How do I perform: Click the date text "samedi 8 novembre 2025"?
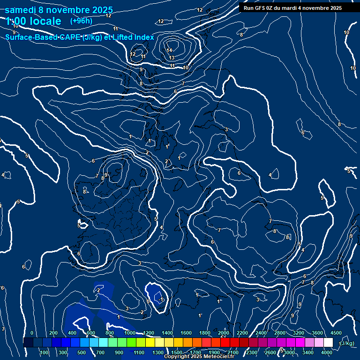pos(59,10)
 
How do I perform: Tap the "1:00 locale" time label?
pos(34,21)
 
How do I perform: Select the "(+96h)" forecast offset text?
pos(81,21)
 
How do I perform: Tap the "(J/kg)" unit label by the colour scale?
pos(348,343)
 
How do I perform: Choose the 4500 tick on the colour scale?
pos(336,333)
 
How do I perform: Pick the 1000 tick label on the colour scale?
pos(130,333)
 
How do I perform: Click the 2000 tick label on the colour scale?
pos(224,333)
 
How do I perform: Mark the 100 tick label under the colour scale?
pos(45,352)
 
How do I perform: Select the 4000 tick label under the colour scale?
pos(327,352)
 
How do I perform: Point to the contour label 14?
pos(170,50)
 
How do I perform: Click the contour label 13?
pos(172,58)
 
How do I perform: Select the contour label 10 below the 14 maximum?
pos(186,68)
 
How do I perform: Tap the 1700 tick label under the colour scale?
pos(195,352)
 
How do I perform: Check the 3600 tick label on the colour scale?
pos(317,333)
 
